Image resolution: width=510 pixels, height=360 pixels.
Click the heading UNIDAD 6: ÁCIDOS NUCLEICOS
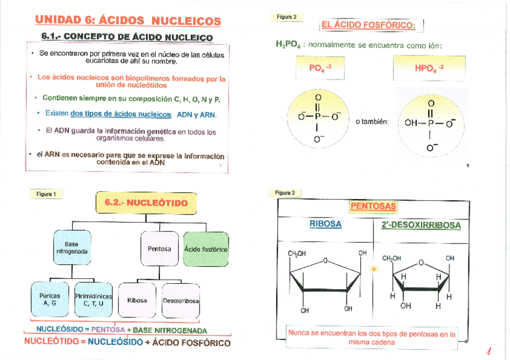click(128, 21)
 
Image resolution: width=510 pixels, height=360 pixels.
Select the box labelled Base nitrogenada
click(72, 248)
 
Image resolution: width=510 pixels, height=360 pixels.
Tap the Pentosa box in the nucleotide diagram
click(159, 249)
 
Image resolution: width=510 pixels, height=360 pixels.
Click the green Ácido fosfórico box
click(206, 249)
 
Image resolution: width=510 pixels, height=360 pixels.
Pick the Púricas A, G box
click(49, 299)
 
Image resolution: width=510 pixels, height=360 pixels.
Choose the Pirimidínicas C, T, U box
click(94, 299)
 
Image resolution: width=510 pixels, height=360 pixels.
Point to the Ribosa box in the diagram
click(137, 300)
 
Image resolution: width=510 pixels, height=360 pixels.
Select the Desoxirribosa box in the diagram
click(181, 300)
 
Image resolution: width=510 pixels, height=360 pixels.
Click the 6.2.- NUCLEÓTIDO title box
click(146, 203)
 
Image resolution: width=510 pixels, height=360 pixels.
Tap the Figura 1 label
click(46, 194)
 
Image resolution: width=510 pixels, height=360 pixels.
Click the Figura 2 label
click(286, 17)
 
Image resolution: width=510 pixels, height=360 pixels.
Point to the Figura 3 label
click(285, 193)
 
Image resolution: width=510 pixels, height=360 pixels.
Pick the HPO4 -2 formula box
click(429, 68)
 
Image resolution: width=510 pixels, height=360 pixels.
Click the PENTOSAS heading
click(373, 207)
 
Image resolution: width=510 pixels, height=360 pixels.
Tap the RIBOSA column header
click(325, 224)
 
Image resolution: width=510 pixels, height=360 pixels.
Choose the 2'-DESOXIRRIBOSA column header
click(421, 225)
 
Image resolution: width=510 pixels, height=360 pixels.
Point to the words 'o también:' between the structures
click(372, 122)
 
